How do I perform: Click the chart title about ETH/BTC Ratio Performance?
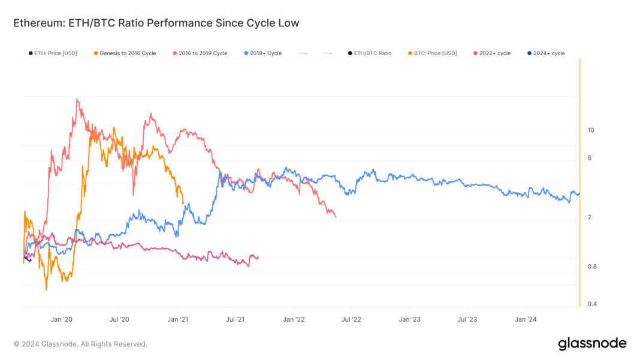pyautogui.click(x=156, y=23)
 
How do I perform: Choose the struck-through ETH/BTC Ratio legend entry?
pyautogui.click(x=372, y=53)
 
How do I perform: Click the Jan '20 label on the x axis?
pyautogui.click(x=62, y=319)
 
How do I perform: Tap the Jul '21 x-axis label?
pyautogui.click(x=236, y=319)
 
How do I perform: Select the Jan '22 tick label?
pyautogui.click(x=294, y=319)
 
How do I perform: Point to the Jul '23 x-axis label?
pyautogui.click(x=467, y=319)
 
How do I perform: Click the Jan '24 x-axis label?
pyautogui.click(x=526, y=319)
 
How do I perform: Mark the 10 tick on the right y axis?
pyautogui.click(x=590, y=130)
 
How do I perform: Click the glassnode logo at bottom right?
pyautogui.click(x=592, y=344)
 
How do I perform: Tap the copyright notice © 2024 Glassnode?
pyautogui.click(x=80, y=344)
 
